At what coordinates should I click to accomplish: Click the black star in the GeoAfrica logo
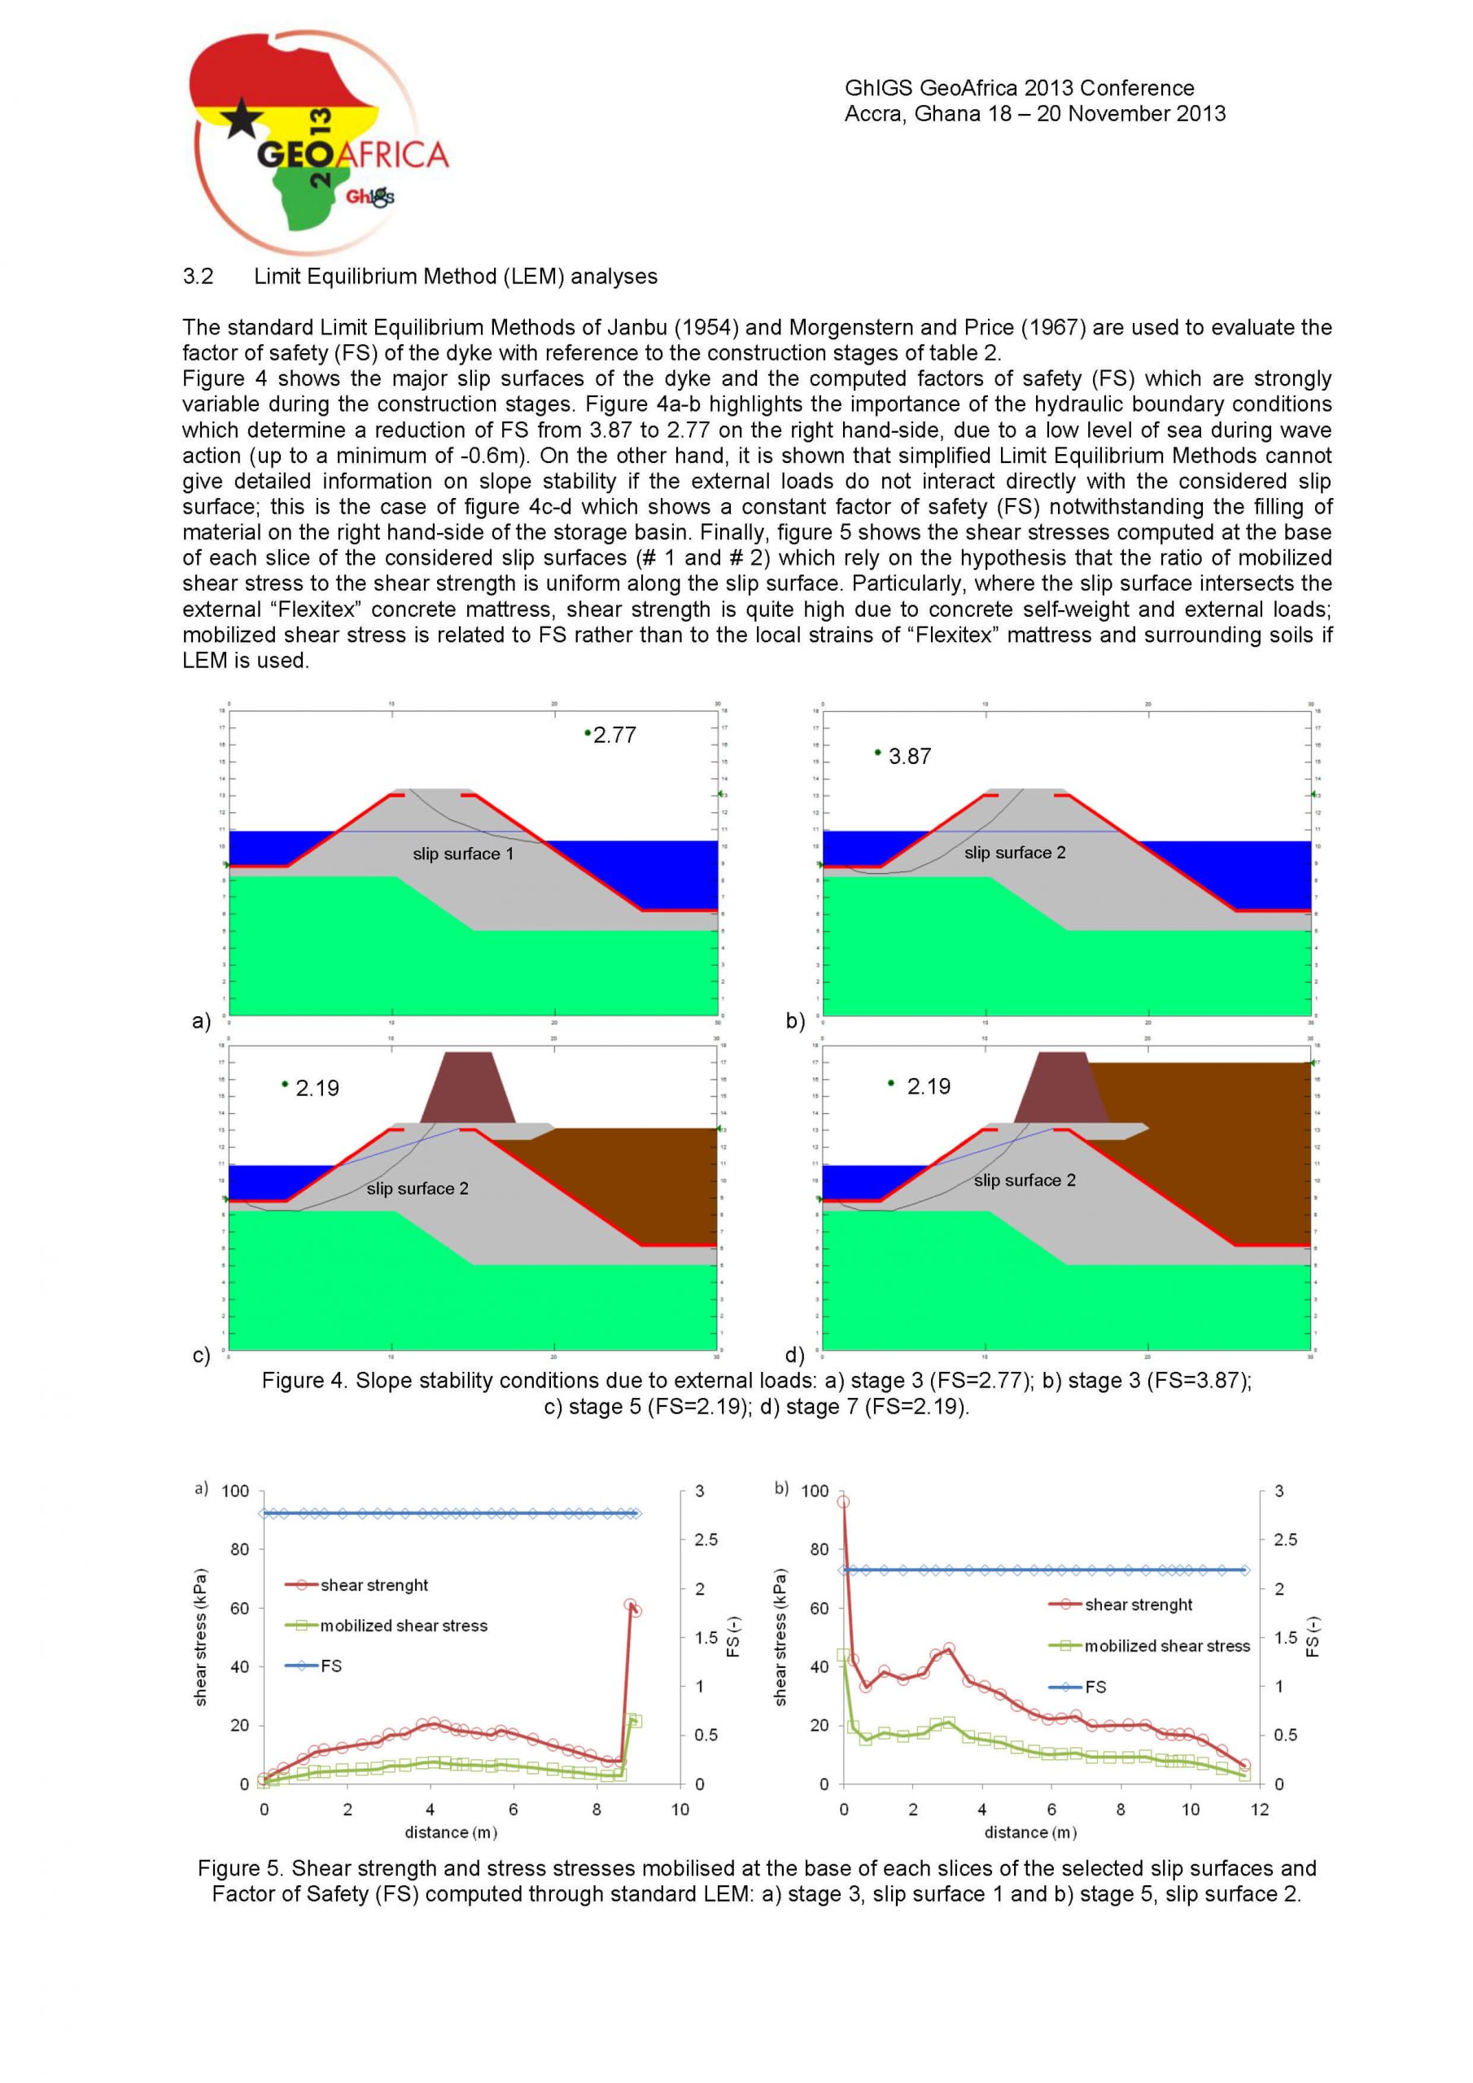click(243, 119)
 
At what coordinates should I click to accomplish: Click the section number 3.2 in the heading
click(198, 277)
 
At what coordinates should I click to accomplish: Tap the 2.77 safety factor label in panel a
click(614, 736)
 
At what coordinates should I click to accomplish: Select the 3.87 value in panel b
click(909, 757)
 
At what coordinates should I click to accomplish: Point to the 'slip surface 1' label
click(463, 854)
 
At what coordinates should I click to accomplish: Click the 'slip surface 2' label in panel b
click(1015, 853)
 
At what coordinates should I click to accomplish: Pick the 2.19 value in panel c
click(317, 1089)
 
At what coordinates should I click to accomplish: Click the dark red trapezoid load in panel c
click(467, 1088)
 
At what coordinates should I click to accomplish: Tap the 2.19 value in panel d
click(929, 1087)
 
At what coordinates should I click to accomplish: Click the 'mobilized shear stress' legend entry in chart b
click(1166, 1647)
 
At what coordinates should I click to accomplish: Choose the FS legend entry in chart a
click(330, 1666)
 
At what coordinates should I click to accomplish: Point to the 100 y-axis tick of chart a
click(235, 1491)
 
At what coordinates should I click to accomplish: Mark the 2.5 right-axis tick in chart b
click(1285, 1540)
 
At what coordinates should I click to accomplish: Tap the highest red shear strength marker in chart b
click(843, 1502)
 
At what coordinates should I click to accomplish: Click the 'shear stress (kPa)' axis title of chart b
click(780, 1638)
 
